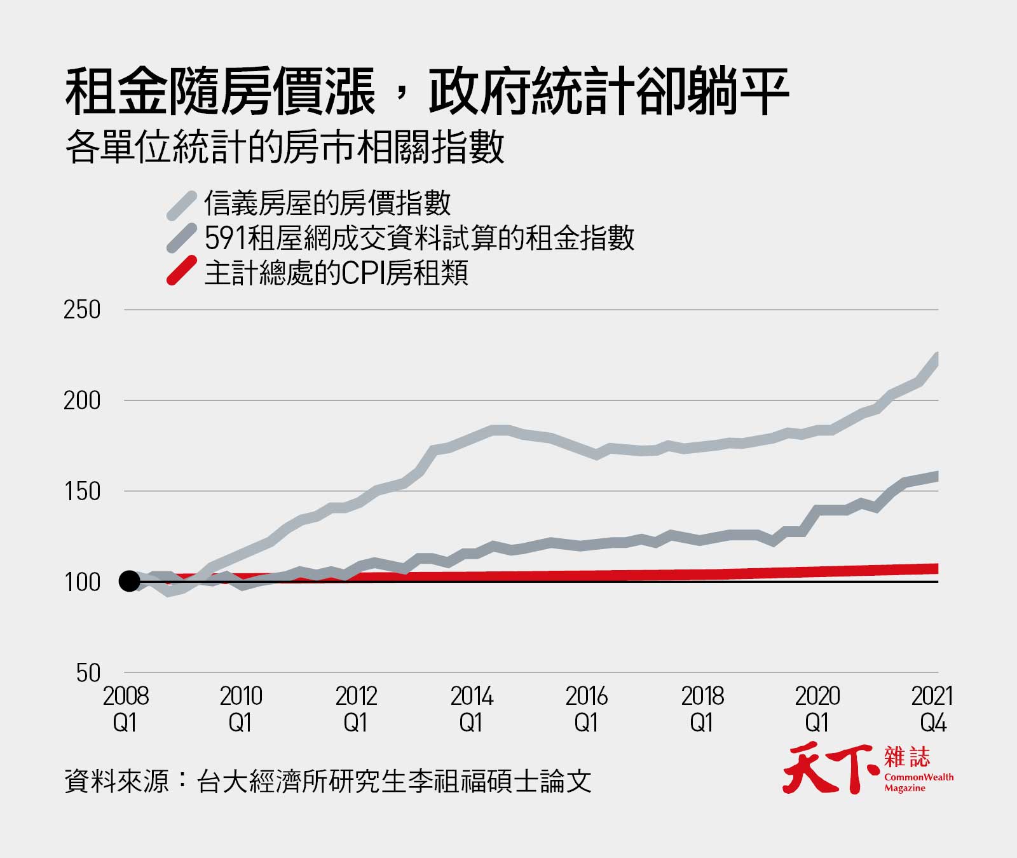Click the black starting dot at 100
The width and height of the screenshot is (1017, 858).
[x=130, y=581]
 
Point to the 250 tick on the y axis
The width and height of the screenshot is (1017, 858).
[x=82, y=310]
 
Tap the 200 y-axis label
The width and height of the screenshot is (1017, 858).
[x=82, y=401]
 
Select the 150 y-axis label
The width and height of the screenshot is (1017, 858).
[x=82, y=491]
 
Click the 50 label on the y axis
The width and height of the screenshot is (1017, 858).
[x=88, y=673]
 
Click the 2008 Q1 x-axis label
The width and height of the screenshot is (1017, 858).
[x=125, y=709]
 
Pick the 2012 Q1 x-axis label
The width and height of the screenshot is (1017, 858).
[x=356, y=709]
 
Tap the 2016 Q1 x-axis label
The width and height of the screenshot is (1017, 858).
[x=586, y=709]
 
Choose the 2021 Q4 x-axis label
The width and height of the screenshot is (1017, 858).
[x=932, y=709]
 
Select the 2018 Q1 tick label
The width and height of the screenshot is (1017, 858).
[x=702, y=709]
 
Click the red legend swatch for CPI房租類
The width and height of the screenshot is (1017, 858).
[x=181, y=271]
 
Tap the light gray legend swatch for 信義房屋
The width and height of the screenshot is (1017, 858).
[x=181, y=205]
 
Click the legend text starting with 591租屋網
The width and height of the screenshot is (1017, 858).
[x=420, y=238]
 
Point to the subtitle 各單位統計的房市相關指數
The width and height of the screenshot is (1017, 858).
[x=285, y=148]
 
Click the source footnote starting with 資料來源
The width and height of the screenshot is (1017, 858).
[x=327, y=781]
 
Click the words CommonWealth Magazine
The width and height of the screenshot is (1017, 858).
[x=918, y=782]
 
